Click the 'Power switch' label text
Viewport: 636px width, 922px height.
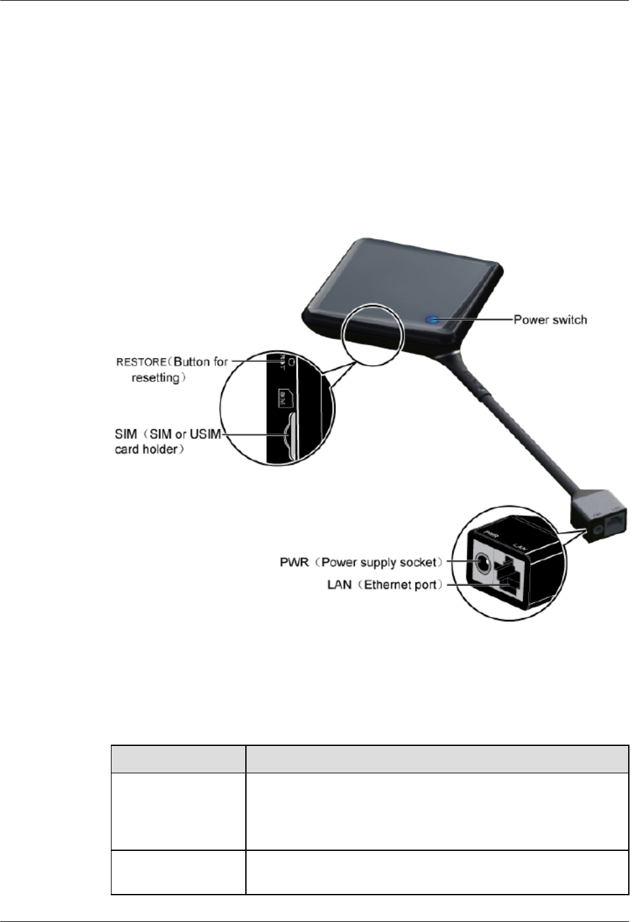(550, 320)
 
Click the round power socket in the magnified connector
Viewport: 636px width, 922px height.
(483, 561)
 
